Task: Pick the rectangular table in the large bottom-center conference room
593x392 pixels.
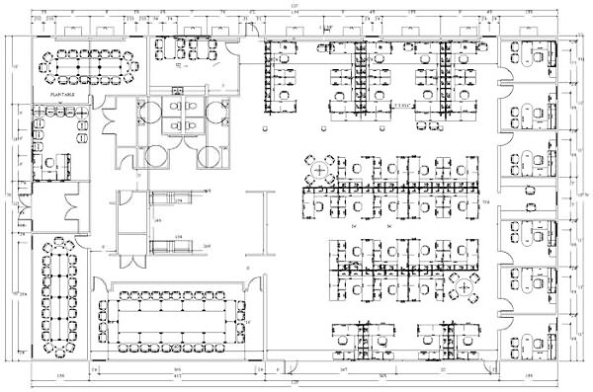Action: [x=173, y=319]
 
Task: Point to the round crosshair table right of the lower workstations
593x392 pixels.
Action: [x=461, y=289]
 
